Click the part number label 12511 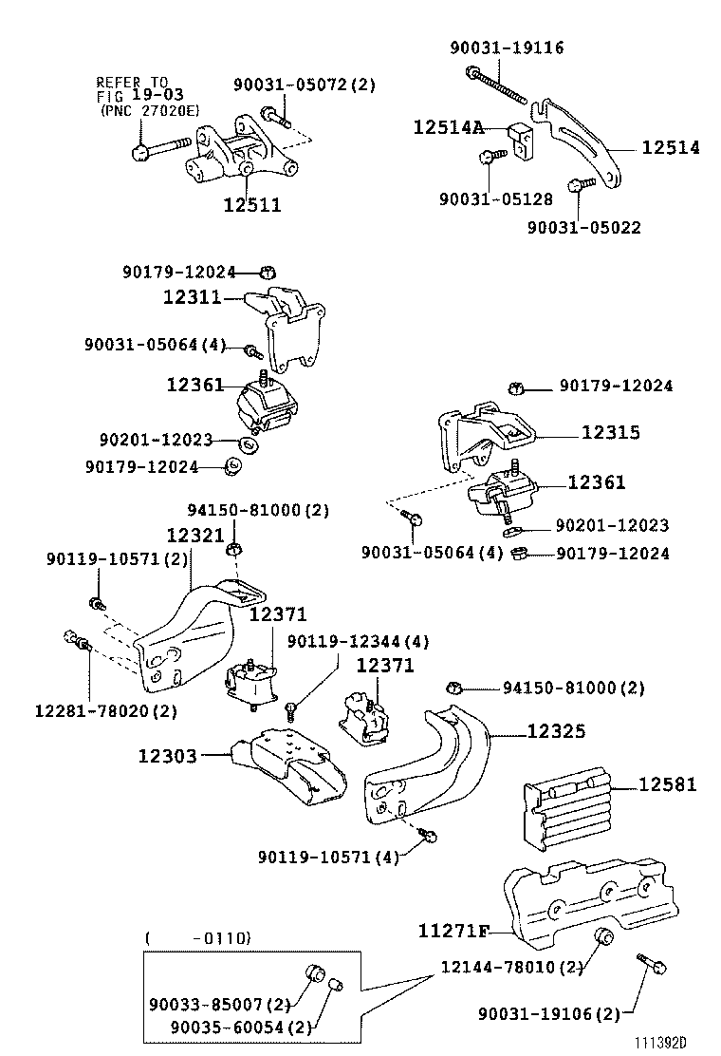[x=252, y=204]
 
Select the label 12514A [x=449, y=126]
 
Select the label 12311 [x=192, y=297]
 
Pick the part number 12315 [x=610, y=432]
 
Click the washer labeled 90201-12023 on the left [x=249, y=443]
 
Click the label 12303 [x=167, y=756]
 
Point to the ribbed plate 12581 [x=565, y=811]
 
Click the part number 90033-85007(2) [x=218, y=1003]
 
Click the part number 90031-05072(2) [x=304, y=85]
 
